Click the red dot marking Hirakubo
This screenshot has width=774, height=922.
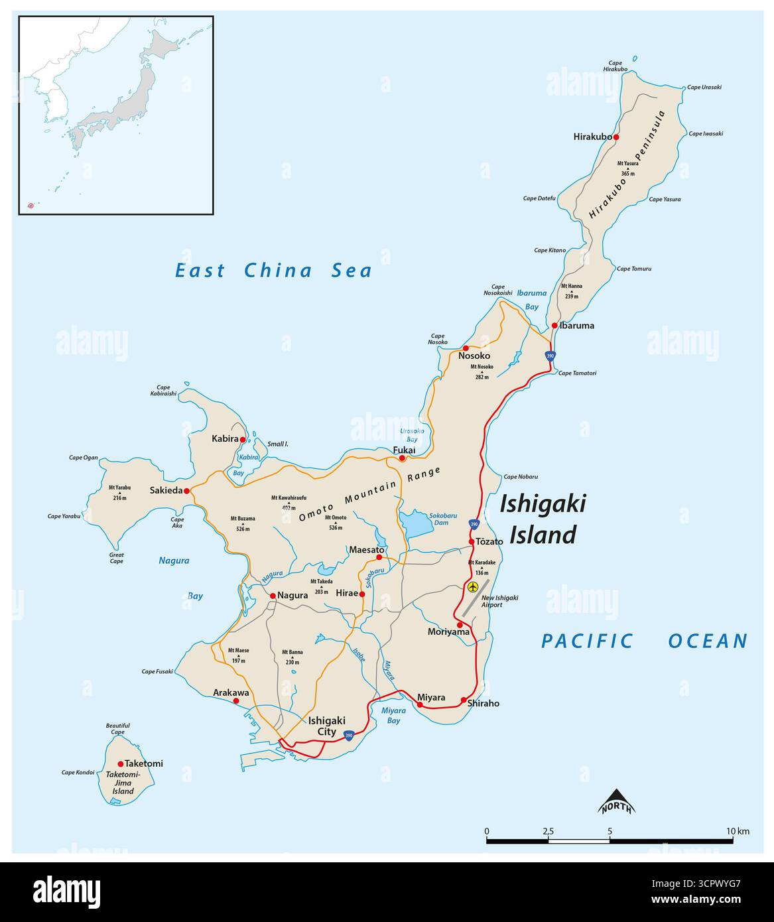coord(615,137)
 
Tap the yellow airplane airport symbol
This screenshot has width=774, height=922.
coord(472,587)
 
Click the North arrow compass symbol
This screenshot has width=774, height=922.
coord(617,801)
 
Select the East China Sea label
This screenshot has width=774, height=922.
coord(273,271)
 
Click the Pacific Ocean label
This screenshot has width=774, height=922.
coord(644,641)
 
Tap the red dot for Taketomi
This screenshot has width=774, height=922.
coord(121,763)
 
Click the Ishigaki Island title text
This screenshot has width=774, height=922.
coord(543,519)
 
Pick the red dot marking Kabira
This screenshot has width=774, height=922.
coord(243,439)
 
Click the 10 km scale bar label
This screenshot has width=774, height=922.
coord(737,831)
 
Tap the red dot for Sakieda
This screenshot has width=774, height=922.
coord(186,492)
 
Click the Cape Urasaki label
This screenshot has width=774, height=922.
coord(704,87)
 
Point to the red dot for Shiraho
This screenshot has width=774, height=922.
coord(463,700)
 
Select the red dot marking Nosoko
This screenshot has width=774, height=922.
coord(466,348)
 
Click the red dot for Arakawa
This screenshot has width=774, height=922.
coord(235,700)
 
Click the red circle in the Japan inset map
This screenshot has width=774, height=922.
coord(31,206)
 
